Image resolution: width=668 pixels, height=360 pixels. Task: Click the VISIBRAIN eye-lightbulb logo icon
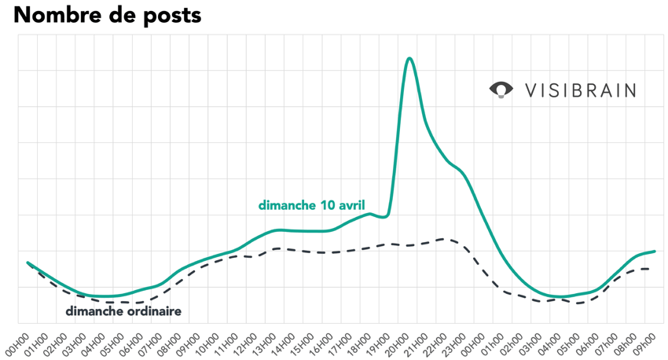coord(501,90)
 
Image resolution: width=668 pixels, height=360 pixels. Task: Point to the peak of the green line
coord(409,58)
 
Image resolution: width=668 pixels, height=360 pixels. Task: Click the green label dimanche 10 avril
coord(311,206)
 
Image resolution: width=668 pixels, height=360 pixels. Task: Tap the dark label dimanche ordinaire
coord(123,311)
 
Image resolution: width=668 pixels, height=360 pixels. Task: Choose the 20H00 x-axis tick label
coord(389,340)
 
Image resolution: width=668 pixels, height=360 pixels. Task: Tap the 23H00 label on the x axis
coord(446,340)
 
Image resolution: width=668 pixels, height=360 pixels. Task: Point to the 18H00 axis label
coord(351,340)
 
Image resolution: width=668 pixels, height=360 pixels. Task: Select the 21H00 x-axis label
coord(408,340)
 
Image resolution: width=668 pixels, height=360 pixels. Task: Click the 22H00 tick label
coord(427,340)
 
